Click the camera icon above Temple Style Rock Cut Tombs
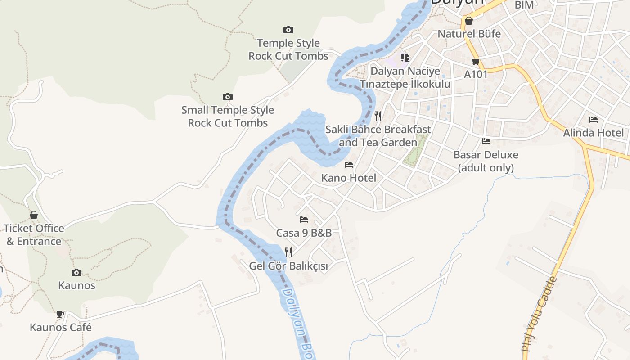[x=288, y=30]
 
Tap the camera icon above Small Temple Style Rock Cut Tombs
[x=228, y=97]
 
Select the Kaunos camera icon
[x=76, y=272]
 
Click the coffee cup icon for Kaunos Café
[x=60, y=314]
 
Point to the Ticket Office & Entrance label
[x=34, y=235]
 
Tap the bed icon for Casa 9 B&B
[x=304, y=220]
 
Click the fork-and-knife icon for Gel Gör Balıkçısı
[x=288, y=252]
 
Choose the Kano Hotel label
[x=349, y=178]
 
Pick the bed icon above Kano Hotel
[x=349, y=165]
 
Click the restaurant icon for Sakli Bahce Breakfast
[x=378, y=116]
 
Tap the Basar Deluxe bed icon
[x=486, y=141]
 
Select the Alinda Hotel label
[x=594, y=133]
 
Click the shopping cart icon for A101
[x=476, y=61]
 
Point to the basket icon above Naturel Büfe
[x=469, y=21]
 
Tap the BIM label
[x=524, y=5]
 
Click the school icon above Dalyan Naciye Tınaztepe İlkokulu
[x=405, y=58]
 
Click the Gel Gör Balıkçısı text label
[x=288, y=266]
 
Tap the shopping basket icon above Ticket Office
[x=34, y=215]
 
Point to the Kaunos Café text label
[x=61, y=327]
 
